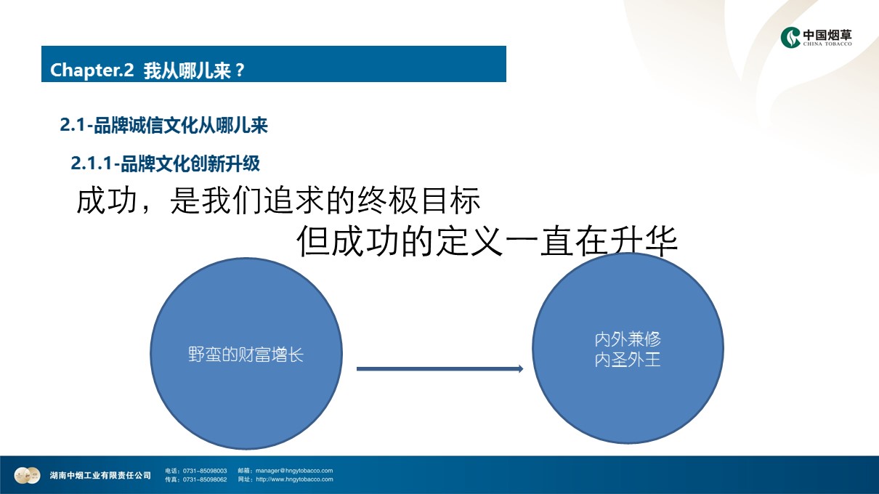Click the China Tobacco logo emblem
[790, 37]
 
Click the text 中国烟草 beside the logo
[827, 35]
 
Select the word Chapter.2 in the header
[92, 70]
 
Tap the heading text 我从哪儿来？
[194, 70]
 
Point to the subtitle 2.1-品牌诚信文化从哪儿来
[163, 126]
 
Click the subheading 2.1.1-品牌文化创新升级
[165, 163]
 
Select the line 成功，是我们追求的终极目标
[278, 201]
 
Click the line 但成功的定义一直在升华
[487, 241]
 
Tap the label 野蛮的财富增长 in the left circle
[246, 355]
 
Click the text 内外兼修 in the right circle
[628, 339]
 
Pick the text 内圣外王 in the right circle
[628, 360]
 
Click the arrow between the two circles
[440, 369]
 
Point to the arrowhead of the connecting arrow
[521, 369]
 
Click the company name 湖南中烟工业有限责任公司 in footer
[100, 476]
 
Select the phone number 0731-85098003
[205, 471]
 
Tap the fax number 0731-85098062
[205, 479]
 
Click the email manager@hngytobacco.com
[294, 471]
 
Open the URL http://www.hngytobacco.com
[294, 479]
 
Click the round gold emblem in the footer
[27, 476]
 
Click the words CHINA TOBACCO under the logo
[827, 44]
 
